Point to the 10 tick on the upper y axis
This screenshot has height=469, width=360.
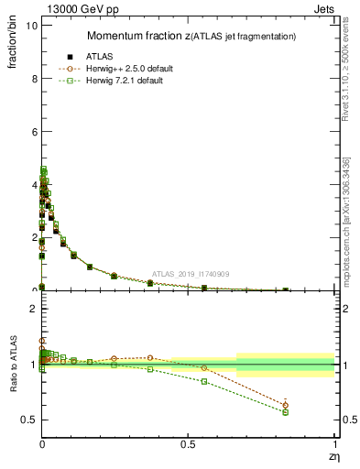[x=31, y=26]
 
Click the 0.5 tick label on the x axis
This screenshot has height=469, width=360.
[x=187, y=443]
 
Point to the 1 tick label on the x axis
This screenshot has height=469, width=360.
[x=333, y=443]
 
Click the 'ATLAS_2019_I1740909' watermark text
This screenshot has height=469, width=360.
[x=191, y=275]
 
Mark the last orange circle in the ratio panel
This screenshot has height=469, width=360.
[x=285, y=405]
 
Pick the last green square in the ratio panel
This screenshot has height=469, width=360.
[x=285, y=412]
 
